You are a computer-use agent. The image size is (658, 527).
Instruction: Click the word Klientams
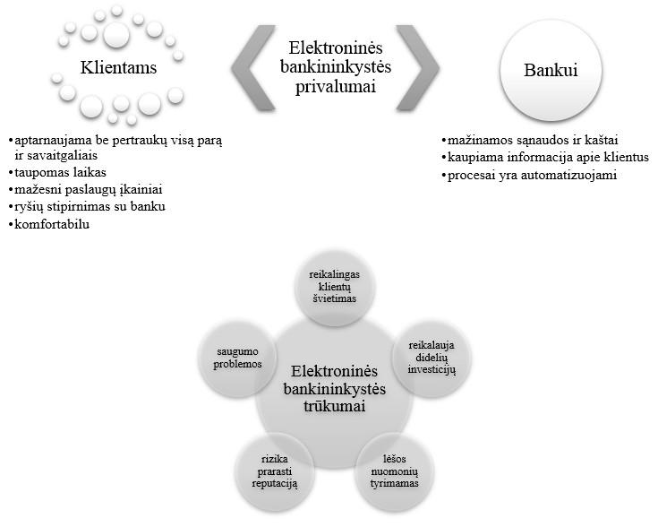(x=118, y=67)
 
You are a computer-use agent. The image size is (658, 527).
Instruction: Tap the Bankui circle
(x=551, y=70)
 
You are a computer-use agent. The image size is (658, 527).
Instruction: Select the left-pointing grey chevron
(x=253, y=67)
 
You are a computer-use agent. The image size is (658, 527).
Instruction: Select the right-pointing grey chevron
(x=417, y=67)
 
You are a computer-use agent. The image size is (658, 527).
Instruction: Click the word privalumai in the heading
(x=336, y=87)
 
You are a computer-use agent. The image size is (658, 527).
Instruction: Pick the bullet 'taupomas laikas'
(x=57, y=172)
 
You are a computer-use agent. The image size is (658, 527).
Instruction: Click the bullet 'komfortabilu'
(x=48, y=224)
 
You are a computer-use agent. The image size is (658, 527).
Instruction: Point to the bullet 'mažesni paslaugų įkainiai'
(x=85, y=189)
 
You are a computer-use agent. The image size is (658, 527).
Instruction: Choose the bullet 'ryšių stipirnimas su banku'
(x=87, y=206)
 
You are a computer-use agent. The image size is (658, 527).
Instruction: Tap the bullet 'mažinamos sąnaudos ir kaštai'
(x=530, y=140)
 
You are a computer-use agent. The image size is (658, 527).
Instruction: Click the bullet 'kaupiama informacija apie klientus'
(x=545, y=157)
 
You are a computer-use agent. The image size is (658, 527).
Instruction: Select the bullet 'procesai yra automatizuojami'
(x=529, y=175)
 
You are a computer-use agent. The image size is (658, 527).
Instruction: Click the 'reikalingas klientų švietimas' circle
(x=335, y=286)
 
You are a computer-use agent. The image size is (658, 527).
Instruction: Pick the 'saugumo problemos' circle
(x=237, y=358)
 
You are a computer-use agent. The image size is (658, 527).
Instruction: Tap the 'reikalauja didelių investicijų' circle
(x=432, y=358)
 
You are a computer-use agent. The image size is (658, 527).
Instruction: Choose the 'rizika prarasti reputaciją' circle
(x=275, y=471)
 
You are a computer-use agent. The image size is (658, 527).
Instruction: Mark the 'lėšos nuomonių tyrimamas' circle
(x=395, y=471)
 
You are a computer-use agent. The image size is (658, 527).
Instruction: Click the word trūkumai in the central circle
(x=335, y=406)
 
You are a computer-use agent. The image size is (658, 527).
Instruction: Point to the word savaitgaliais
(x=56, y=155)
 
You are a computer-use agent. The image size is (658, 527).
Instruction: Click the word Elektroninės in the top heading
(x=336, y=48)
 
